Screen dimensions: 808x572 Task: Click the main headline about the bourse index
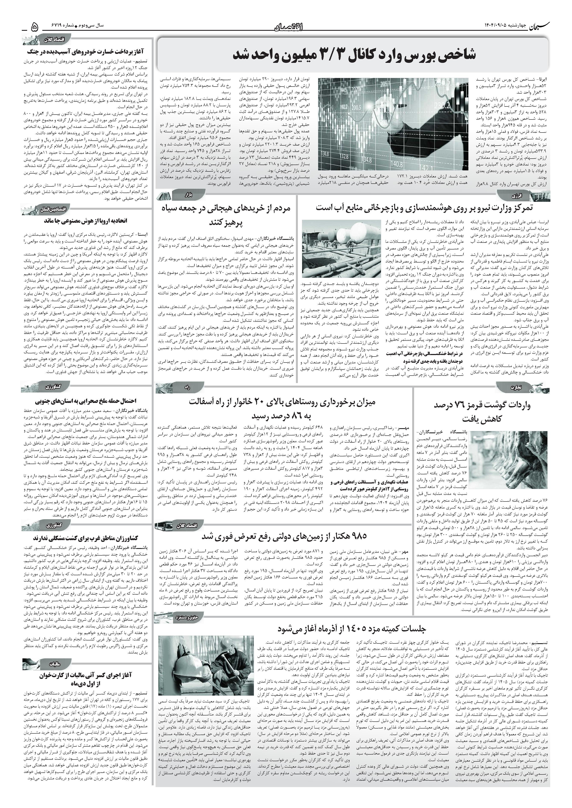pyautogui.click(x=354, y=55)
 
